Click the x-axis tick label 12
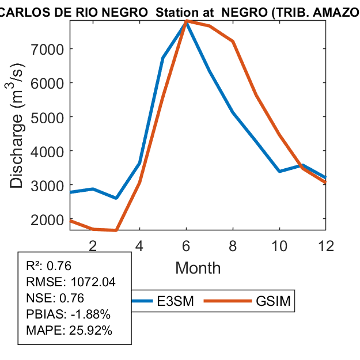[326, 245]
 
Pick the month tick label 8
[233, 245]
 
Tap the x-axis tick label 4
[139, 245]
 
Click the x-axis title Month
[198, 268]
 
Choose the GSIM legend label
[274, 301]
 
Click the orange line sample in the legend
[228, 301]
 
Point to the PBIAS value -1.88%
[90, 314]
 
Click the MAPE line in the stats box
[69, 331]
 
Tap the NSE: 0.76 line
[55, 298]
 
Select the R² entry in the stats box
[49, 266]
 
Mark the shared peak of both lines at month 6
[187, 21]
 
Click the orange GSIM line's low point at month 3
[116, 230]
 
